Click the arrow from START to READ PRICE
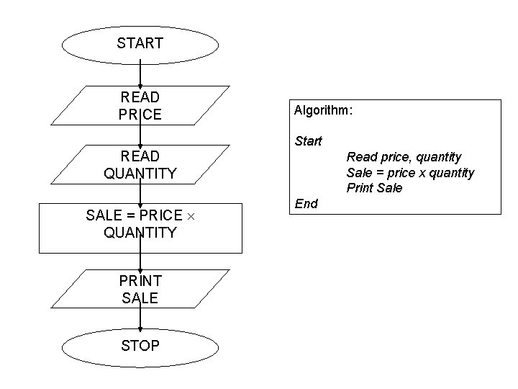tap(140, 75)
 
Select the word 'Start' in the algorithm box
tap(308, 141)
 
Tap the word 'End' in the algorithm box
tap(306, 204)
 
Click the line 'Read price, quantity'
tap(404, 156)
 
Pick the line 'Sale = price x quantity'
tap(410, 172)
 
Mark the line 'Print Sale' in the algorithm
tap(374, 188)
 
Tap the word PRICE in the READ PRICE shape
tap(140, 115)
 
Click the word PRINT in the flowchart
tap(140, 280)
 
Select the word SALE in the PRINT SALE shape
tap(140, 298)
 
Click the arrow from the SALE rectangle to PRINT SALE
tap(140, 261)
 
